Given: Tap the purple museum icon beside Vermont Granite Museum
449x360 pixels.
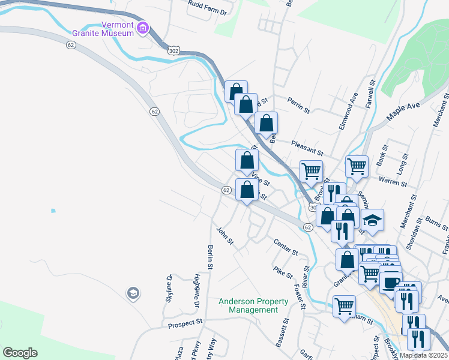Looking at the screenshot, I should tap(142, 28).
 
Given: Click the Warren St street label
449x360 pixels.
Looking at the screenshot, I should tap(393, 180).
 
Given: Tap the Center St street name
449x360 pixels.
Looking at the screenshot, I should tap(286, 247).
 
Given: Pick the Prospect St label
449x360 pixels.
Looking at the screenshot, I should tap(185, 323).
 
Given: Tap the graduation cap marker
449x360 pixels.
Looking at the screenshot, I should tap(372, 220).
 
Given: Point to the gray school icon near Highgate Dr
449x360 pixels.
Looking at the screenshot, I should tap(132, 293).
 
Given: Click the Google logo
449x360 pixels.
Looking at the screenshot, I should tap(20, 352).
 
